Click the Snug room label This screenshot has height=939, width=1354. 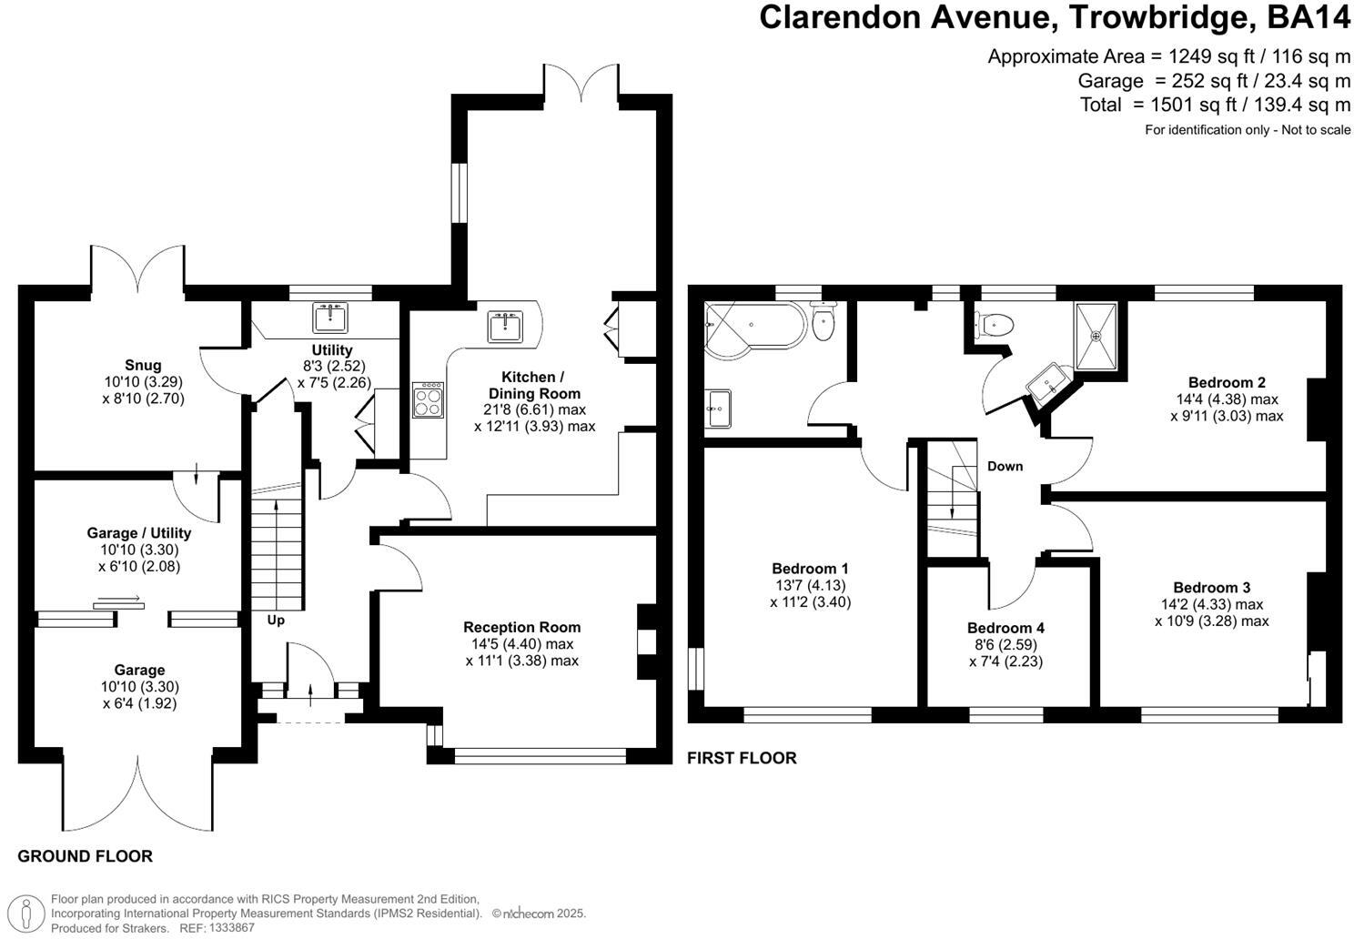point(143,365)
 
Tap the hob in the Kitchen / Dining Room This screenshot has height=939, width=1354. point(428,400)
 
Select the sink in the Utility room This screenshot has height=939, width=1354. point(330,318)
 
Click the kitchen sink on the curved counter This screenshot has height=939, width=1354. point(505,327)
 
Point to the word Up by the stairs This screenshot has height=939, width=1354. point(276,620)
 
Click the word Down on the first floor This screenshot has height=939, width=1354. point(1005,466)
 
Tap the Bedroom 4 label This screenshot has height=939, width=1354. point(1005,628)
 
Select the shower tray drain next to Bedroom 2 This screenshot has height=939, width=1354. point(1096,336)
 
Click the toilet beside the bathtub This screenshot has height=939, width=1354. point(823,321)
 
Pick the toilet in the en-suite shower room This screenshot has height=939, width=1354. point(994,326)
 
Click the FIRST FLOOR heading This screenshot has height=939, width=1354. point(742,758)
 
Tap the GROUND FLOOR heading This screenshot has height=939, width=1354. point(86,856)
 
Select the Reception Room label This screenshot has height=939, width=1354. point(521,627)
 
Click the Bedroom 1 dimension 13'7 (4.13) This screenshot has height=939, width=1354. point(810,585)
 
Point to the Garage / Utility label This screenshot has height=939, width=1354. point(139,533)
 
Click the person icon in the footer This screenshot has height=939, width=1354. point(26,913)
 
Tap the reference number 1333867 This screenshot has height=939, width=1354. point(231,927)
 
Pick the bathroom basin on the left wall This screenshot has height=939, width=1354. point(718,409)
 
